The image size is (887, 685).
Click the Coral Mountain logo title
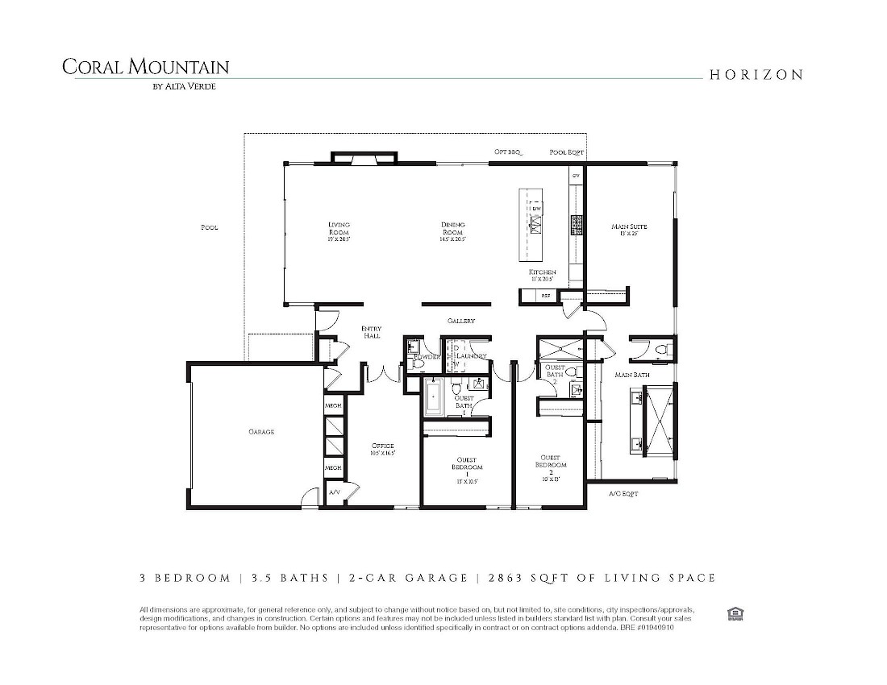click(145, 67)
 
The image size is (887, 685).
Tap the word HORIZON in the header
click(756, 75)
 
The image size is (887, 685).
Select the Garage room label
click(261, 432)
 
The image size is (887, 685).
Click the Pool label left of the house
click(209, 227)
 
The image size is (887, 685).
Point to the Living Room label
click(339, 228)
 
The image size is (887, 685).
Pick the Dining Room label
click(452, 228)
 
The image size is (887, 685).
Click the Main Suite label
click(629, 227)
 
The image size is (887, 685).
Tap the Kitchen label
click(542, 273)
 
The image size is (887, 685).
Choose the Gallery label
click(461, 321)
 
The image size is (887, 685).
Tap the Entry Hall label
click(371, 332)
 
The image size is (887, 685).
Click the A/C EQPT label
click(623, 493)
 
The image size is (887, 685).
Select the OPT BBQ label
click(508, 152)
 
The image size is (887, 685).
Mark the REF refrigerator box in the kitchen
click(546, 297)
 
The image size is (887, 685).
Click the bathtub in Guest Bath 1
click(433, 397)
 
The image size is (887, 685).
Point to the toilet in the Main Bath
click(661, 349)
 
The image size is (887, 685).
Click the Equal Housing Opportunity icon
click(735, 614)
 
